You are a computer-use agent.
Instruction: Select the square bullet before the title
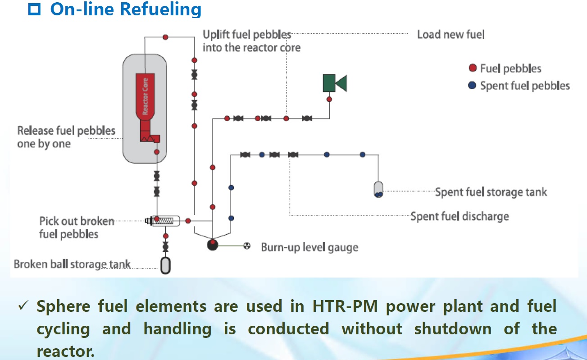pyautogui.click(x=34, y=9)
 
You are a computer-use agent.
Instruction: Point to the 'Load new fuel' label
pyautogui.click(x=450, y=34)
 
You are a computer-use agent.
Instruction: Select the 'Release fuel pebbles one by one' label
pyautogui.click(x=66, y=137)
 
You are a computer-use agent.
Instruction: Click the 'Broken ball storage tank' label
pyautogui.click(x=72, y=264)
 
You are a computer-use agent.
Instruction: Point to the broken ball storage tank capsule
pyautogui.click(x=165, y=264)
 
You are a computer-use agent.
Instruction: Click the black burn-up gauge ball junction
pyautogui.click(x=212, y=245)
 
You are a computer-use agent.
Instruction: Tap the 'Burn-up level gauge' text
pyautogui.click(x=309, y=247)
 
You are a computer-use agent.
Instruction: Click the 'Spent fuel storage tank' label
pyautogui.click(x=491, y=192)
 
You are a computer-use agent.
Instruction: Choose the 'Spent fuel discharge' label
pyautogui.click(x=460, y=216)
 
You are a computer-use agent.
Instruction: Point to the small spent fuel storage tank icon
pyautogui.click(x=378, y=189)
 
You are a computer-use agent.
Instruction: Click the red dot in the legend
pyautogui.click(x=472, y=68)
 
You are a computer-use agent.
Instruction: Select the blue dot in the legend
pyautogui.click(x=472, y=85)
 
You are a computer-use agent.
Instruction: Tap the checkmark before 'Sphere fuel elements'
pyautogui.click(x=23, y=306)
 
